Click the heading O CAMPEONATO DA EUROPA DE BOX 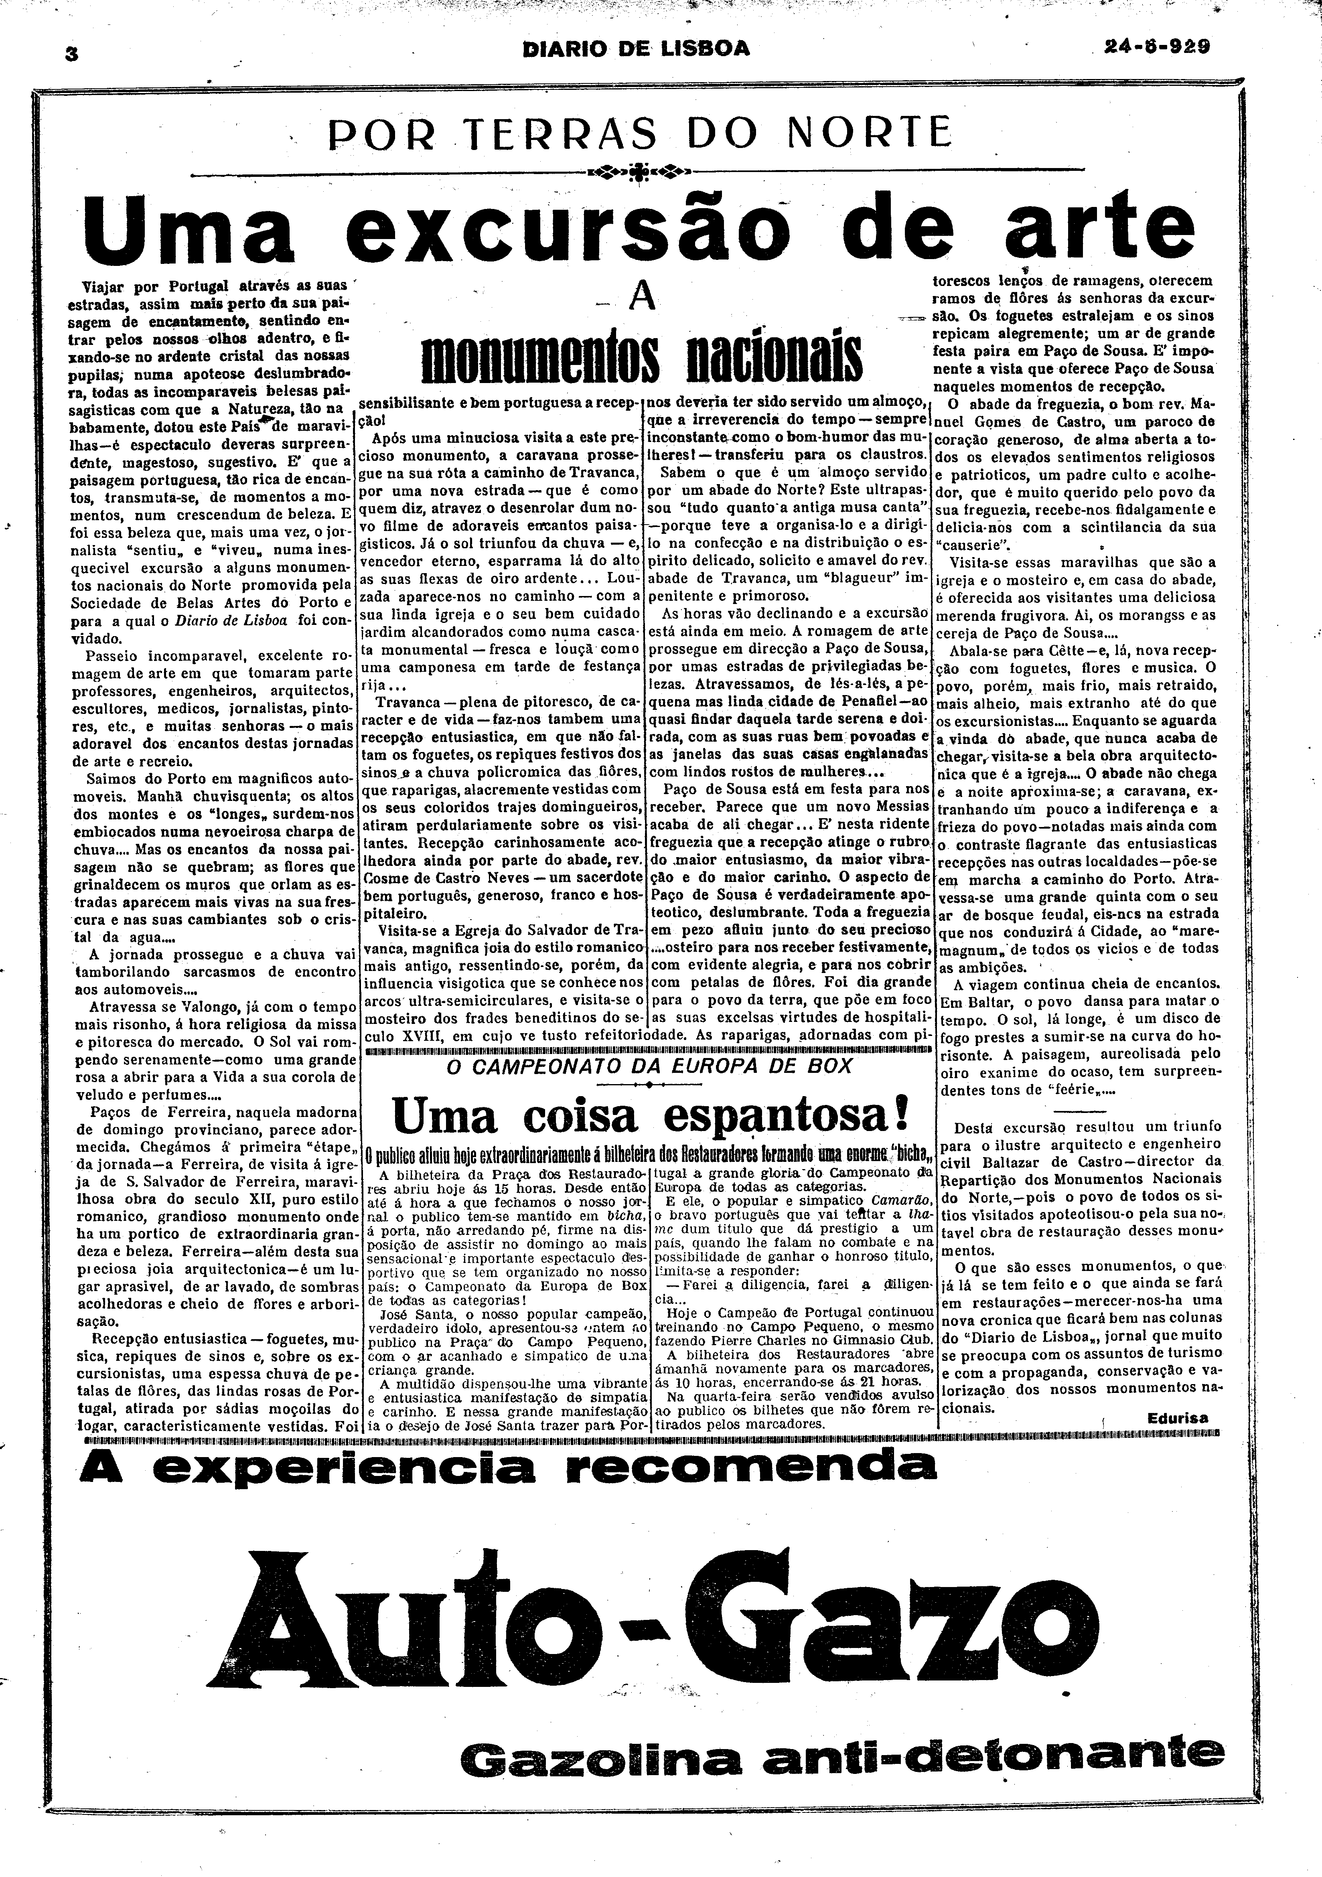click(650, 1066)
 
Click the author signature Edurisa click(1176, 1418)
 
